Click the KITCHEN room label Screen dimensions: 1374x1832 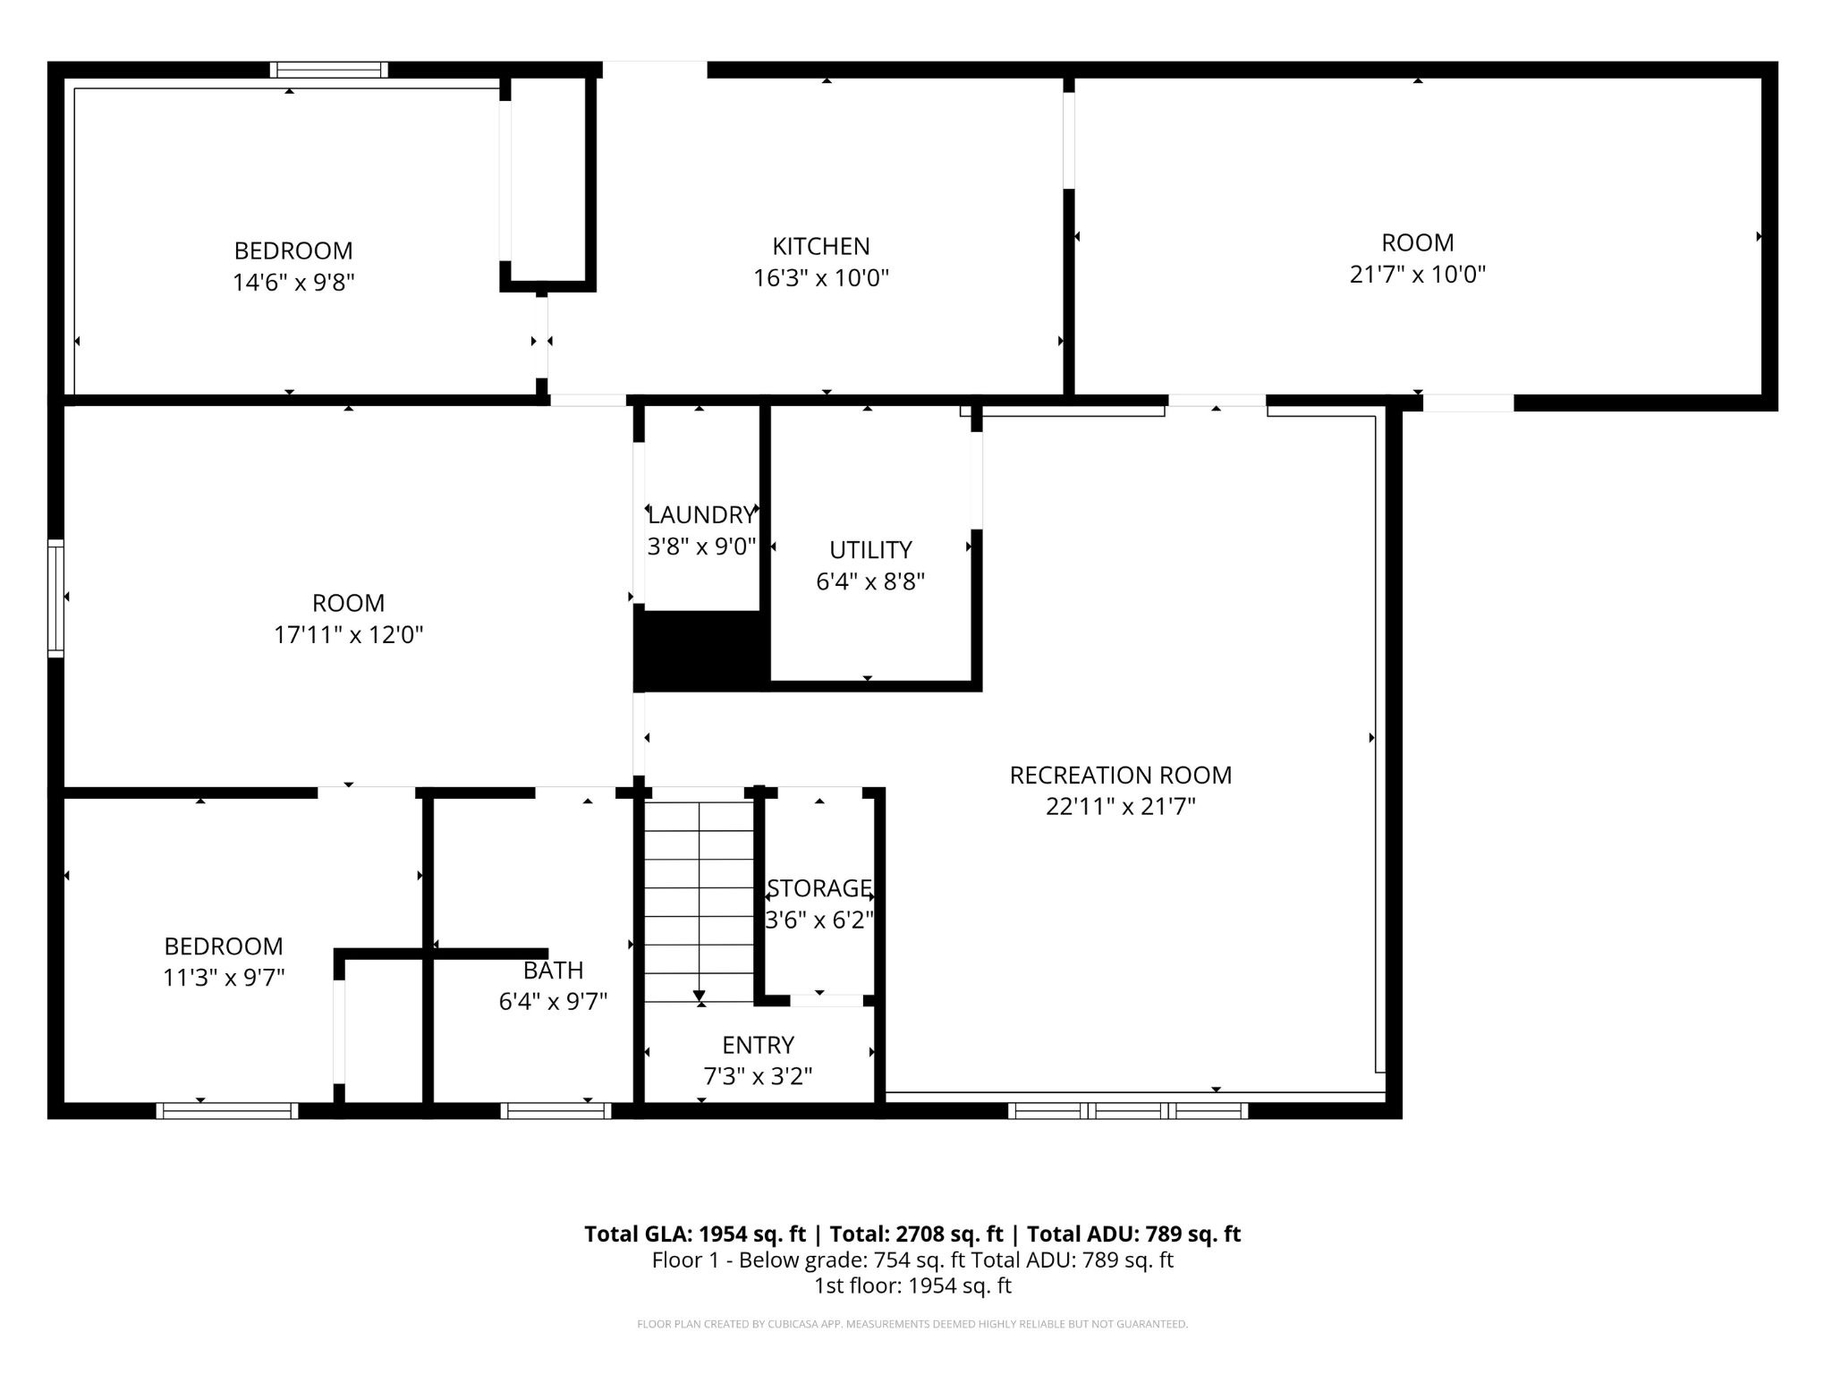tap(820, 246)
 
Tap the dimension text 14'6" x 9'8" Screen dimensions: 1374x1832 tap(293, 283)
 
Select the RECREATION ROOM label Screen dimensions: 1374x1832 tap(1120, 776)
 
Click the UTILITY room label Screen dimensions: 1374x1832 tap(869, 549)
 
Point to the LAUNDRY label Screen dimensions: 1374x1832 tap(701, 515)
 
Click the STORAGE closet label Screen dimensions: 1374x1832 tap(818, 888)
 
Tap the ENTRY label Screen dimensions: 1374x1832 tap(758, 1045)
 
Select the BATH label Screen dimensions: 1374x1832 tap(553, 971)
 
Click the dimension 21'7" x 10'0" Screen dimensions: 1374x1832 tap(1417, 275)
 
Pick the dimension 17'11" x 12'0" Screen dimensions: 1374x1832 tap(348, 635)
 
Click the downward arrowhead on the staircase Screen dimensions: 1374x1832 tap(699, 996)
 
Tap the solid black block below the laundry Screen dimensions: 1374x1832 tap(700, 650)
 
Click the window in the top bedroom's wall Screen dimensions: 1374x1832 tap(329, 70)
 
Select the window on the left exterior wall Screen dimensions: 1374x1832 tap(55, 598)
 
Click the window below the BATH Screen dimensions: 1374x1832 tap(556, 1111)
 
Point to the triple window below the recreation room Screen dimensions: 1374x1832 tap(1127, 1111)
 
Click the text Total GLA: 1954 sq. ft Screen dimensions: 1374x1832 tap(695, 1234)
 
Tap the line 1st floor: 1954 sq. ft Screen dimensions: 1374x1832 tap(912, 1286)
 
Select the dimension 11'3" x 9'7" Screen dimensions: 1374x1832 tap(224, 978)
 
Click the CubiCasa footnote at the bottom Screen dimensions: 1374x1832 tap(912, 1324)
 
